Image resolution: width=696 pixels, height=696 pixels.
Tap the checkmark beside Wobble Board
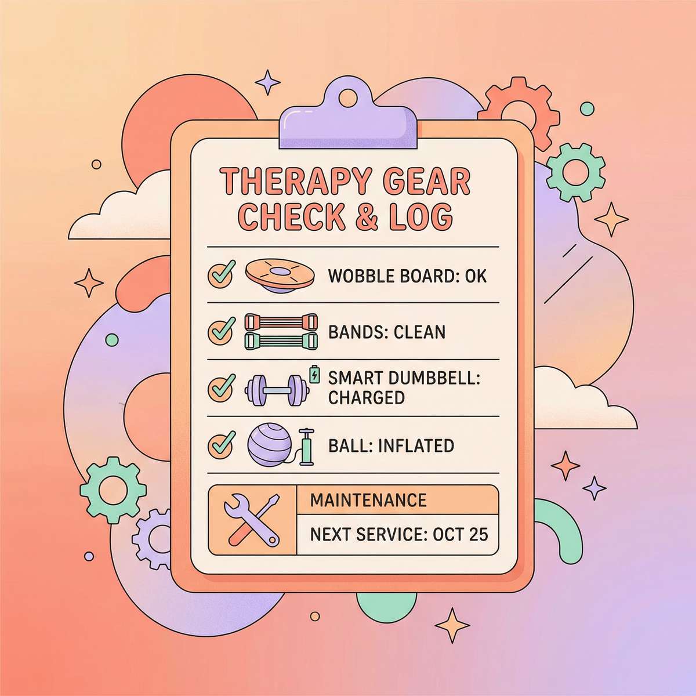pyautogui.click(x=221, y=275)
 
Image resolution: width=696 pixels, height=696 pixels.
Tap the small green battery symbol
pyautogui.click(x=315, y=374)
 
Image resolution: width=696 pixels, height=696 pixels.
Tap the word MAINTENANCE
pyautogui.click(x=368, y=500)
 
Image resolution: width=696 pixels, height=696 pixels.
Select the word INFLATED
pyautogui.click(x=415, y=446)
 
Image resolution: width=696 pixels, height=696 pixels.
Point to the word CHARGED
pyautogui.click(x=366, y=398)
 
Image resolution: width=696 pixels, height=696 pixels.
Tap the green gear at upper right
pyautogui.click(x=576, y=171)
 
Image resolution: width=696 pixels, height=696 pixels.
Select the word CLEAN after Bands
pyautogui.click(x=419, y=332)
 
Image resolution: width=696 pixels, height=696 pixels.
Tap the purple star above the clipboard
pyautogui.click(x=267, y=82)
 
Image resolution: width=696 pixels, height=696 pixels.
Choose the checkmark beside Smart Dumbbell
pyautogui.click(x=221, y=387)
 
